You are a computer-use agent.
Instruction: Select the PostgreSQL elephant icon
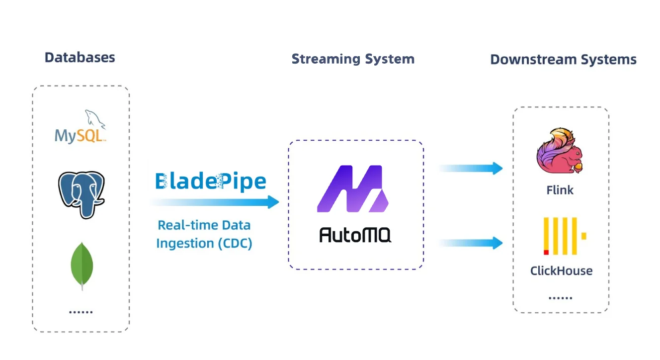coord(81,194)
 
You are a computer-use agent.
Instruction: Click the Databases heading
coord(80,57)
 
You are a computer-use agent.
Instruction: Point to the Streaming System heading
coord(353,59)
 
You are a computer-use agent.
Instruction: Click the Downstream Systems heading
coord(563,60)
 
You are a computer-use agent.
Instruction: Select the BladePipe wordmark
coord(211,181)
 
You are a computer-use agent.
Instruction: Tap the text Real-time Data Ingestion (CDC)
coord(204,234)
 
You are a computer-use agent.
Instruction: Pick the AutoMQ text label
coord(355,235)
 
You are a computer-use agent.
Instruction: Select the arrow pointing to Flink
coord(471,168)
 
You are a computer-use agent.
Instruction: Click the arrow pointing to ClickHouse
coord(471,243)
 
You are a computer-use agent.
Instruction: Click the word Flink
coord(560,190)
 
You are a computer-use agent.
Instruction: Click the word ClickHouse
coord(561,271)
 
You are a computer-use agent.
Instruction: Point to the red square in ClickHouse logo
coord(546,252)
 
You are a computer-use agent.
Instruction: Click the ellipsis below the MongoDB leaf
coord(81,312)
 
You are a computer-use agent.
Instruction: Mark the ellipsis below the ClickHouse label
coord(561,298)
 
